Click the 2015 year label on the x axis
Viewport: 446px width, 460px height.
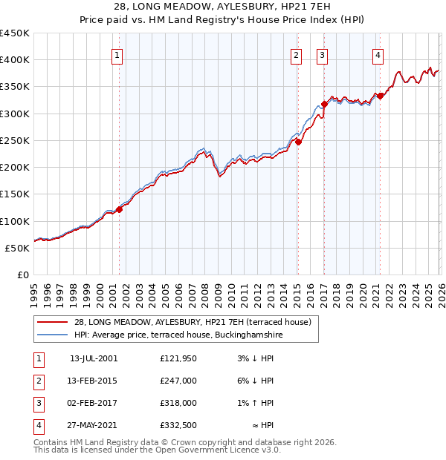[296, 292]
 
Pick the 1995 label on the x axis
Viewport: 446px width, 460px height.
[34, 292]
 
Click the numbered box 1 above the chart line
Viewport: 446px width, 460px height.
[118, 54]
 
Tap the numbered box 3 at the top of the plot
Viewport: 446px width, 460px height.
[323, 54]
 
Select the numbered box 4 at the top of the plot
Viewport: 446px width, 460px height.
[378, 54]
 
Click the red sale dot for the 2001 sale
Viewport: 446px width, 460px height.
[119, 209]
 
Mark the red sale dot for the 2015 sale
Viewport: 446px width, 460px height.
[298, 142]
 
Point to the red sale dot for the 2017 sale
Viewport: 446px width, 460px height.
[324, 104]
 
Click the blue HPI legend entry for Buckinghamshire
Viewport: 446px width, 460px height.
[178, 335]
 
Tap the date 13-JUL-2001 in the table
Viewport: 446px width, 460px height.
[94, 358]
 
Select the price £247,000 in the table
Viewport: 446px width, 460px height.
[178, 381]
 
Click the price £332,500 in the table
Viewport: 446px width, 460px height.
[178, 425]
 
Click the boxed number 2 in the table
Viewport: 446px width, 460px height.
[36, 381]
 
